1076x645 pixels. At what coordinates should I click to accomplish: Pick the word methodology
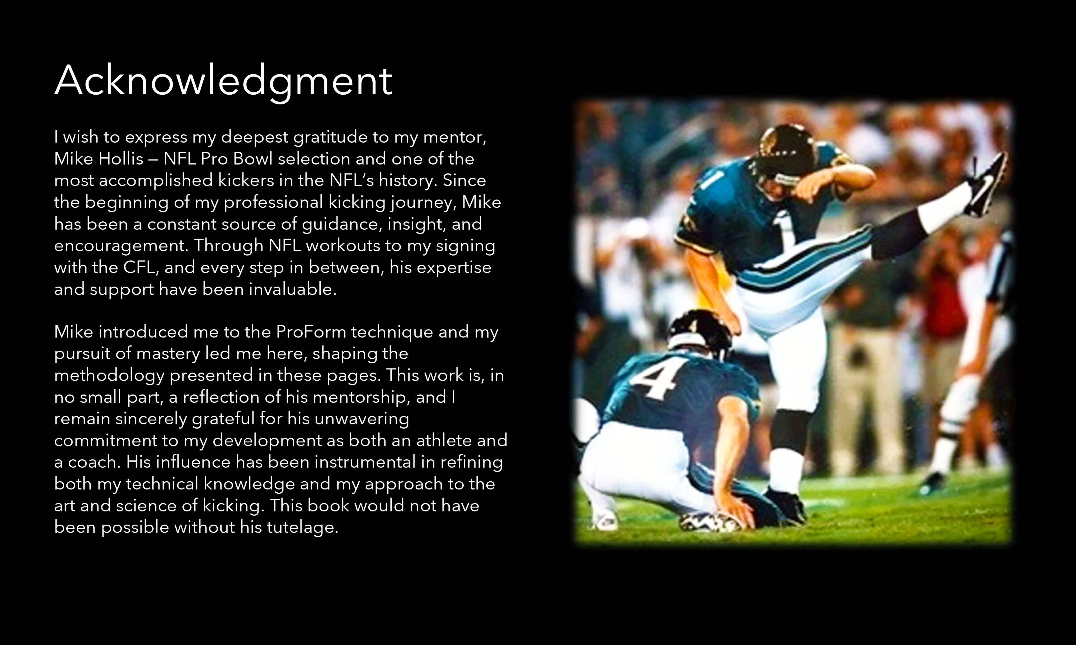[x=109, y=375]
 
